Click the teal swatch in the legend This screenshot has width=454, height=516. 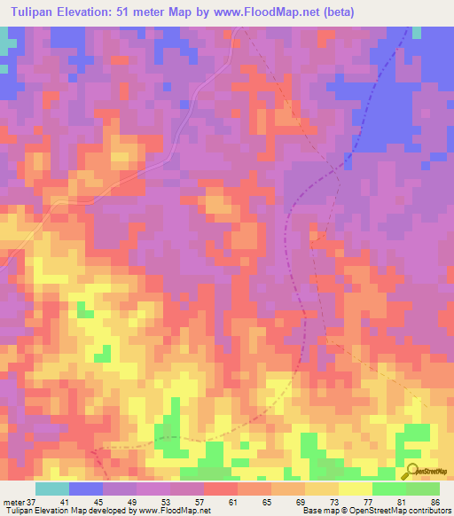(x=52, y=489)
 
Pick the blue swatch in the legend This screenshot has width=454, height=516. (x=86, y=489)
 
